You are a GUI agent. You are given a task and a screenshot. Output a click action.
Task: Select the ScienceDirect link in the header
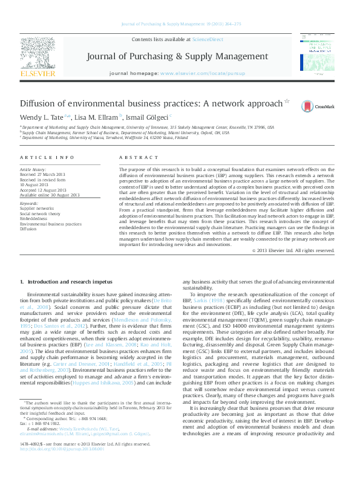(x=208, y=39)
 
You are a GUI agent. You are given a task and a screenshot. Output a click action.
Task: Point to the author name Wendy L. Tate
(x=42, y=116)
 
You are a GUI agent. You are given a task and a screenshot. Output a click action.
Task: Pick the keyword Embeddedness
(x=34, y=219)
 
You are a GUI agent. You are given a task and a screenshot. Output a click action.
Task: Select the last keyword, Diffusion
(x=28, y=230)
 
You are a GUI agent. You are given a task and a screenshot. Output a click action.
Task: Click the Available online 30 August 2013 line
(x=50, y=195)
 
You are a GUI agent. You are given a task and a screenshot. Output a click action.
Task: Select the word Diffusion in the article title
(x=39, y=104)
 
